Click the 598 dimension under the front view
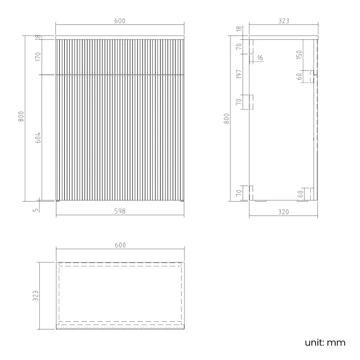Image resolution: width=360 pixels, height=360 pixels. tap(120, 210)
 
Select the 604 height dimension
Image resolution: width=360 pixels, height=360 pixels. tap(38, 138)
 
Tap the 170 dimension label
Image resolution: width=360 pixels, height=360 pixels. tap(38, 56)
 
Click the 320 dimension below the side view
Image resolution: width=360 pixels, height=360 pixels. tap(283, 210)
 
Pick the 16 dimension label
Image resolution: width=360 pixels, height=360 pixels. tap(260, 58)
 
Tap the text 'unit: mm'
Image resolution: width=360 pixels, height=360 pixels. tap(325, 342)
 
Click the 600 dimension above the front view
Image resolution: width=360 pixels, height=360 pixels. tap(120, 21)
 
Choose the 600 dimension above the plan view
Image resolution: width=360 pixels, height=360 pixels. tap(120, 245)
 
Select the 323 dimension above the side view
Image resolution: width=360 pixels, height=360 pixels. tap(284, 21)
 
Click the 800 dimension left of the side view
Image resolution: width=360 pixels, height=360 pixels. tap(227, 119)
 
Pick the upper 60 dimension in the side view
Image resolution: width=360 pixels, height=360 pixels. tap(300, 76)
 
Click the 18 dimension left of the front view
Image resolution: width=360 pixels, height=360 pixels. tap(38, 37)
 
